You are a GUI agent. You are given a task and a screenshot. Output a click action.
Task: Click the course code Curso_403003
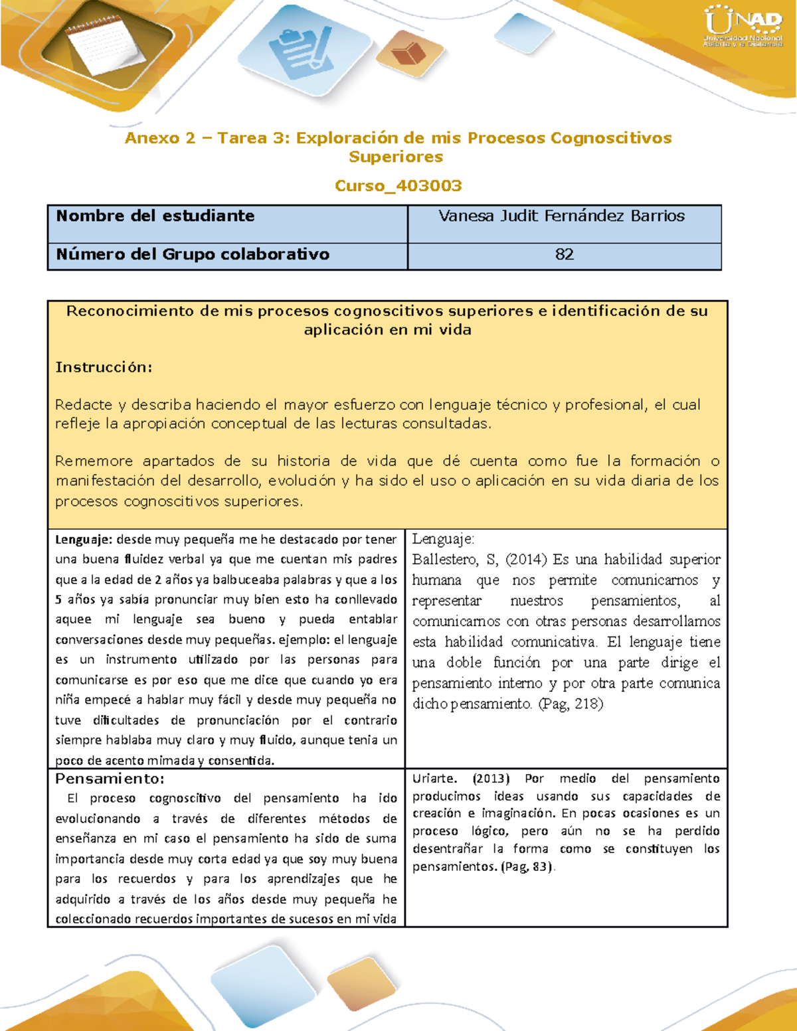pos(398,186)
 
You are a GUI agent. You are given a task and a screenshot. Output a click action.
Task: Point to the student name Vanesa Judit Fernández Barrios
pos(561,216)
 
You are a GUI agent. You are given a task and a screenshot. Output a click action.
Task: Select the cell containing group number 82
pos(564,254)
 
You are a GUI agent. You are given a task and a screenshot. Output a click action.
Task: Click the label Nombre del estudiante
pos(155,216)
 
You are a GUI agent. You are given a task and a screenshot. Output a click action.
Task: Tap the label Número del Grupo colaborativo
pos(193,254)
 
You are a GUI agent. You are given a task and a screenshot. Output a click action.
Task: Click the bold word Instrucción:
pos(104,367)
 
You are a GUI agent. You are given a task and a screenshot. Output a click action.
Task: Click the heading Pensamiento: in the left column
pos(110,779)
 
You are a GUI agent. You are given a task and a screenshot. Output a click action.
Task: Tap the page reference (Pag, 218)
pos(570,704)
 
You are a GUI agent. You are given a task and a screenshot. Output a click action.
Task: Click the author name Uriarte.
pos(434,779)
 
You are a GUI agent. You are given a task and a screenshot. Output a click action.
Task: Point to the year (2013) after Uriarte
pos(491,779)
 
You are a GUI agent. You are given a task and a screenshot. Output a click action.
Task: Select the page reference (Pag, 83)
pos(527,866)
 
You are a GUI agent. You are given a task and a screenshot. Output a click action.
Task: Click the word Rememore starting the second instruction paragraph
pos(93,461)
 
